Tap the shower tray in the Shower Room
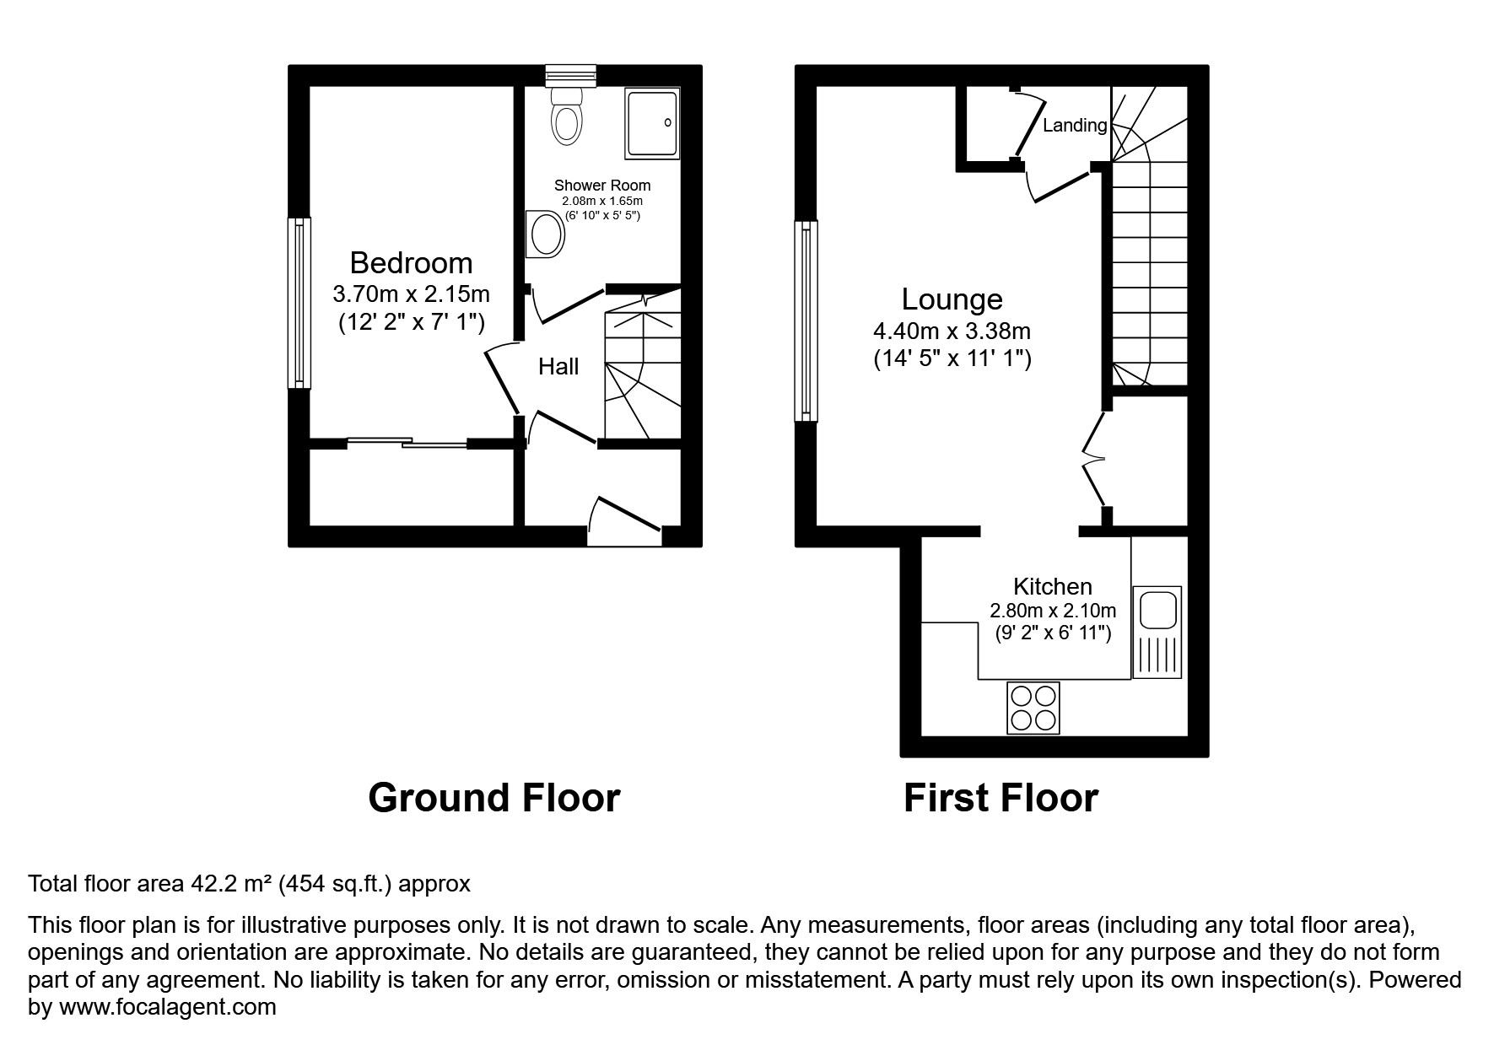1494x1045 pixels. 651,123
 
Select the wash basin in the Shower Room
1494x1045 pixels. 545,234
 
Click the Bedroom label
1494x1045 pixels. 411,263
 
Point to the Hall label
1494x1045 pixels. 558,366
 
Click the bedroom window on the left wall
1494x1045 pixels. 299,303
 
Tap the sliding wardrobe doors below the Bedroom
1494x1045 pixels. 407,441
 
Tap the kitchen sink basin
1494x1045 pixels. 1157,611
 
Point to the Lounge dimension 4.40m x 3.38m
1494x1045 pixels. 952,331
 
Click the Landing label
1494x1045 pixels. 1074,126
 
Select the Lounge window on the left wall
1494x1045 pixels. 805,321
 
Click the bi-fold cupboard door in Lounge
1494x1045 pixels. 1093,460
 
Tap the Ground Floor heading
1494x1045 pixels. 494,798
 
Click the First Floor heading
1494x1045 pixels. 1000,798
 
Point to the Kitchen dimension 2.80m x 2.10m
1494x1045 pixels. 1053,610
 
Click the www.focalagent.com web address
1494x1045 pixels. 167,1007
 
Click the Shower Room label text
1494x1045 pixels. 601,186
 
